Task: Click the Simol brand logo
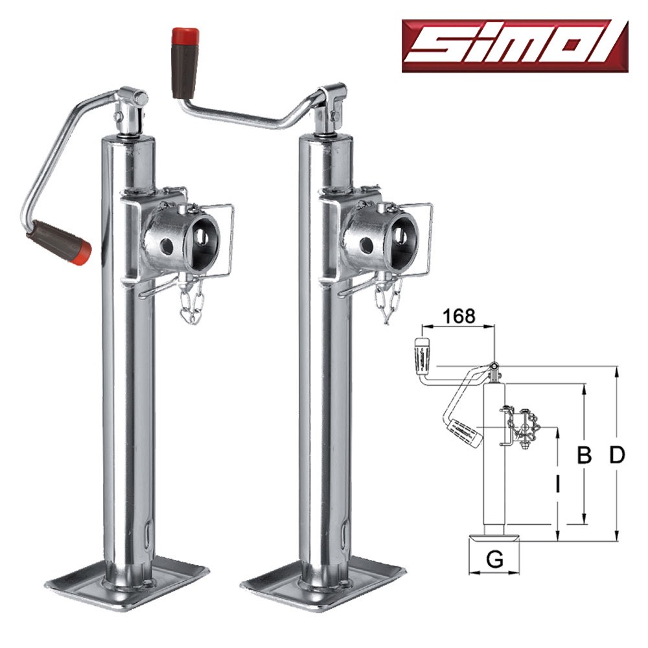tap(515, 46)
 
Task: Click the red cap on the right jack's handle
tap(185, 36)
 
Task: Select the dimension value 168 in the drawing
tap(459, 317)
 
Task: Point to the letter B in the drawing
tap(584, 456)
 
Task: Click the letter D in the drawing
tap(617, 456)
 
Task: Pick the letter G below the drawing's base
tap(494, 560)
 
